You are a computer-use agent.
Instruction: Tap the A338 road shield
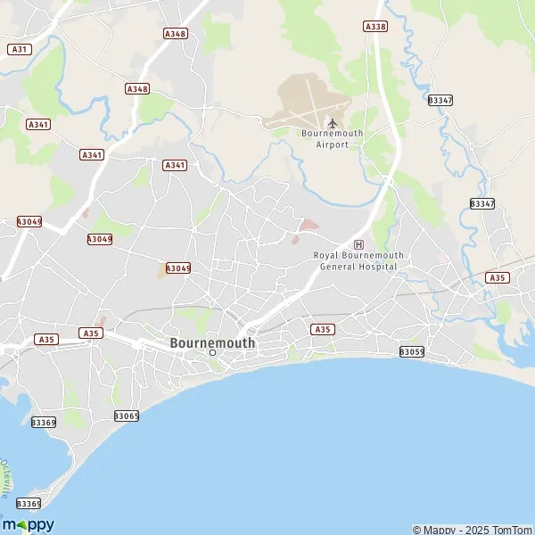click(x=375, y=27)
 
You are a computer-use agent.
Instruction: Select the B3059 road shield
click(x=412, y=351)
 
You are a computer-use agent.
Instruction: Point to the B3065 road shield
click(x=127, y=416)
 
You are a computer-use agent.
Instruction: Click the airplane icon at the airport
click(x=333, y=122)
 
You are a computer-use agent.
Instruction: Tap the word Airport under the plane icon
click(x=333, y=144)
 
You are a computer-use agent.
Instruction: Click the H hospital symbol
click(x=358, y=243)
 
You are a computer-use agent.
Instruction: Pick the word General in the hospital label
click(x=336, y=267)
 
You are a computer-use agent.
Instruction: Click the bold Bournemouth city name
click(x=212, y=342)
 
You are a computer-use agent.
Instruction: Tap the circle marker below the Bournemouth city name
click(x=212, y=353)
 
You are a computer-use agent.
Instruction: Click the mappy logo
click(x=28, y=524)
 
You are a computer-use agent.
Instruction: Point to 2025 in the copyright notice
click(x=470, y=530)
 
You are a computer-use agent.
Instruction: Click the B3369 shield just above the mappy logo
click(x=29, y=504)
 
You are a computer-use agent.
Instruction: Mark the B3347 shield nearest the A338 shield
click(x=440, y=100)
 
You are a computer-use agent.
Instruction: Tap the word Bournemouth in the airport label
click(x=332, y=134)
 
